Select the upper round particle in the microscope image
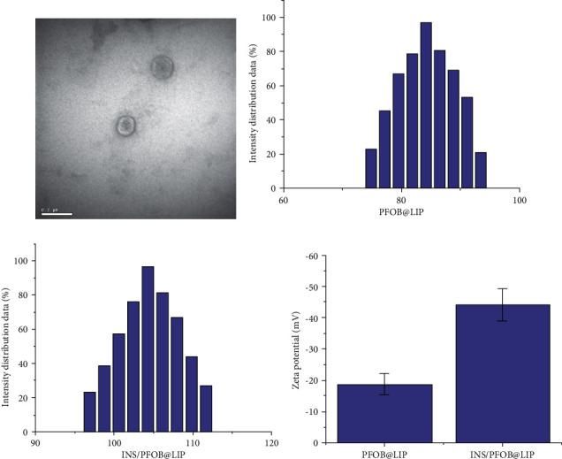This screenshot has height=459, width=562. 161,67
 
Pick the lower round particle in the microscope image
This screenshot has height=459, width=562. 126,126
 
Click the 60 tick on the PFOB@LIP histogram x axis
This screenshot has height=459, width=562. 283,200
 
